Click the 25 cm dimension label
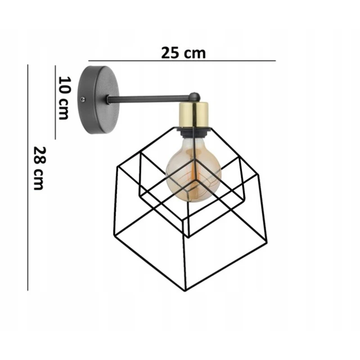[183, 53]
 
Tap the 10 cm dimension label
[64, 98]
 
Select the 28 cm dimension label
[39, 168]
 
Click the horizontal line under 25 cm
[182, 61]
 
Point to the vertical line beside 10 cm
[55, 102]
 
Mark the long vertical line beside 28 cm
[28, 177]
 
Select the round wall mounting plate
[99, 99]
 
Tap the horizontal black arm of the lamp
[150, 98]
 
